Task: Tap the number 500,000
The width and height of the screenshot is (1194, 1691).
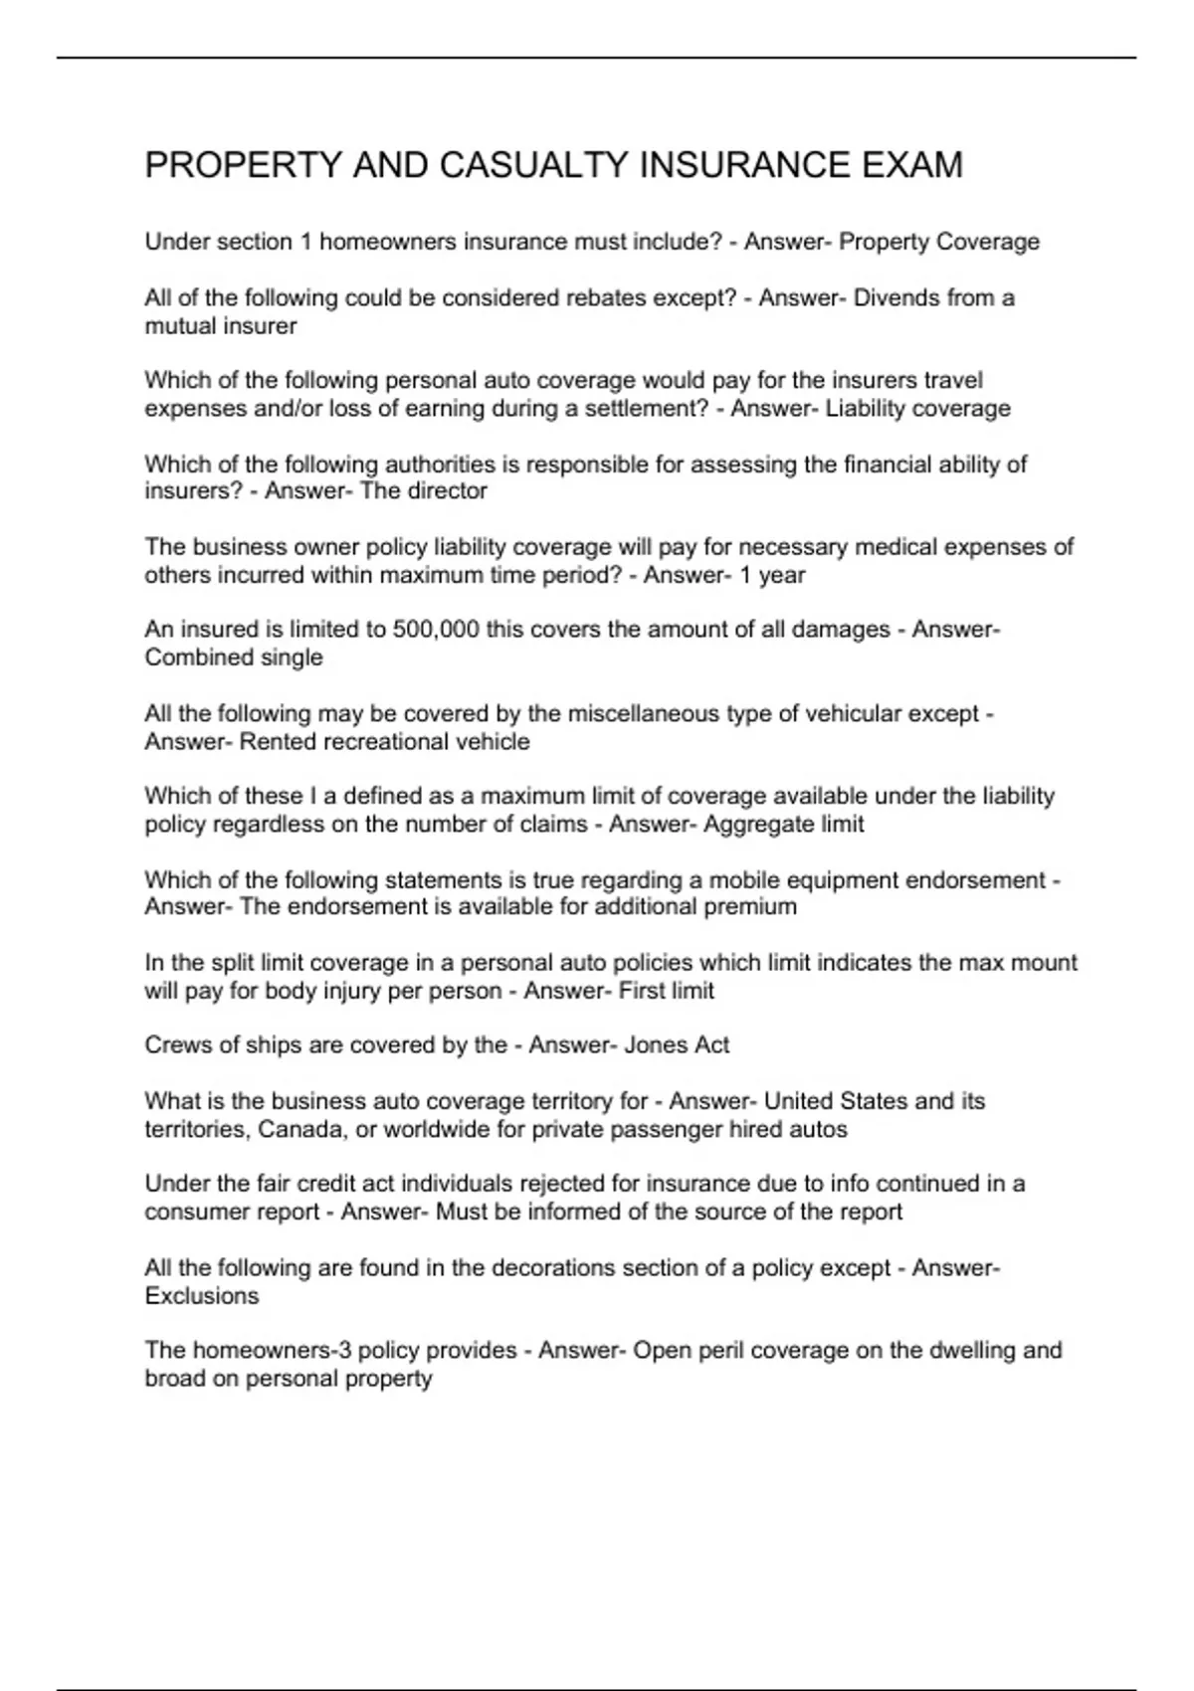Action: pyautogui.click(x=436, y=630)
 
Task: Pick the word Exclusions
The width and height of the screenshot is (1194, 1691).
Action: pyautogui.click(x=201, y=1296)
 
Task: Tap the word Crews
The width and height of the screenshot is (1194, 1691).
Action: pyautogui.click(x=174, y=1045)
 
